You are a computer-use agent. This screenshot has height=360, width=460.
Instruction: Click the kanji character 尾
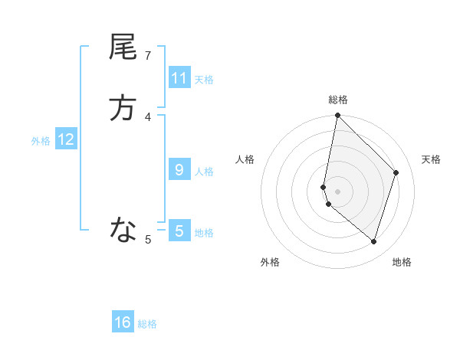(x=123, y=47)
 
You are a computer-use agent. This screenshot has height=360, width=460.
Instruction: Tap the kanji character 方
(x=123, y=108)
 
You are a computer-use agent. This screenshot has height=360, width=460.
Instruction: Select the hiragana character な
(x=123, y=229)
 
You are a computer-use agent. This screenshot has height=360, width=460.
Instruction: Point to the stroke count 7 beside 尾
(x=148, y=55)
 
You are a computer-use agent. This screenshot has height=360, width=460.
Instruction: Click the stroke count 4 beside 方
(x=148, y=116)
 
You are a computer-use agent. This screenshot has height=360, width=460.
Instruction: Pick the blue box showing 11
(x=179, y=78)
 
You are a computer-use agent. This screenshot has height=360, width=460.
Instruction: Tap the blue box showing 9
(x=179, y=170)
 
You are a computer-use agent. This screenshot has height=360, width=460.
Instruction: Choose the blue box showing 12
(x=66, y=139)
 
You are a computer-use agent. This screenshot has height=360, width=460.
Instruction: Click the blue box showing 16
(x=123, y=322)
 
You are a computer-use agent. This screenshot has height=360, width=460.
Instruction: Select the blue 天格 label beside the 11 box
(x=204, y=79)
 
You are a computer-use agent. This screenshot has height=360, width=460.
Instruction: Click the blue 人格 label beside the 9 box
(x=204, y=171)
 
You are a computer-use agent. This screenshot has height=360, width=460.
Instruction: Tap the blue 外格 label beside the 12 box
(x=41, y=140)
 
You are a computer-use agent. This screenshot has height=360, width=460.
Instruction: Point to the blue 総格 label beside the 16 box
(x=147, y=323)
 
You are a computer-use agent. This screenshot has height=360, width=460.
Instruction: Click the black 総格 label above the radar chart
(x=338, y=100)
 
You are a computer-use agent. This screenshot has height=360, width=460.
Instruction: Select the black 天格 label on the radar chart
(x=431, y=159)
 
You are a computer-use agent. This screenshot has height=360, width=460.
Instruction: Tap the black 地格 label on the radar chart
(x=402, y=262)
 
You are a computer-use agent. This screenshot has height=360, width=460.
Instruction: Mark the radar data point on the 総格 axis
(x=338, y=116)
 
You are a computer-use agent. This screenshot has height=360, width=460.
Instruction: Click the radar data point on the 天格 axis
(x=396, y=172)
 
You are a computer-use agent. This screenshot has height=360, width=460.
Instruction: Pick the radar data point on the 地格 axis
(x=373, y=241)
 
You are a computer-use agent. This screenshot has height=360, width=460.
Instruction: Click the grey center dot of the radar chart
(x=338, y=191)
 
